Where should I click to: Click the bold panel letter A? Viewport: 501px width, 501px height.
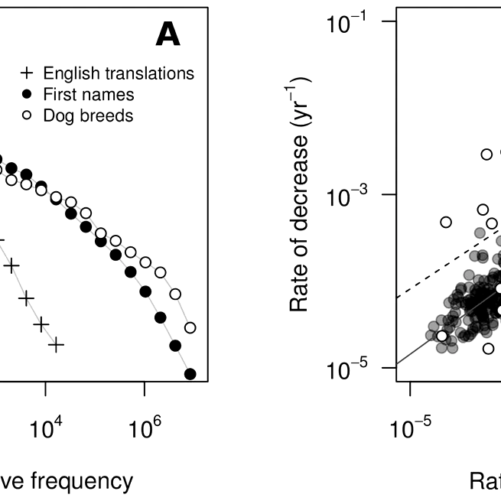[168, 34]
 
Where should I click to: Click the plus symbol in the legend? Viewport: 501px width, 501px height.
[27, 74]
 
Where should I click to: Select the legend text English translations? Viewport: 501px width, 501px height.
[119, 74]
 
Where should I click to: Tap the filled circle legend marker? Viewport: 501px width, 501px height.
[27, 95]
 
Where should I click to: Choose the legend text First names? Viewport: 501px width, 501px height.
[89, 95]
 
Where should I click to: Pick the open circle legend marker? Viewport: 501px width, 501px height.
[27, 115]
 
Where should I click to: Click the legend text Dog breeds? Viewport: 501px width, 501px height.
[88, 115]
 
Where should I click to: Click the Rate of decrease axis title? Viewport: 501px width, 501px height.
[301, 195]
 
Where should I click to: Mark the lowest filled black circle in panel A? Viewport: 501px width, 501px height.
[190, 374]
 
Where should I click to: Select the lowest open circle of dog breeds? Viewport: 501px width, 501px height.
[190, 327]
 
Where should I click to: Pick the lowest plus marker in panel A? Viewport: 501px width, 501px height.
[56, 345]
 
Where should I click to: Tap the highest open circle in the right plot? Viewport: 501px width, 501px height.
[486, 154]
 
